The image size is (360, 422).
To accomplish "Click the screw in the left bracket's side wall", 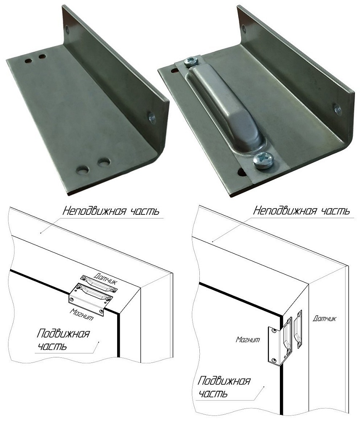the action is click(x=152, y=117).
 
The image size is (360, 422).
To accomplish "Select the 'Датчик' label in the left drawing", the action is click(x=106, y=278).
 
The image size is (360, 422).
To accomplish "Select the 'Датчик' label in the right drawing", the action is click(x=325, y=318).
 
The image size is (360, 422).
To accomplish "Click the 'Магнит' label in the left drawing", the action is click(x=82, y=314).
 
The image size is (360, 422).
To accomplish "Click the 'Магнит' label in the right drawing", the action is click(x=248, y=339).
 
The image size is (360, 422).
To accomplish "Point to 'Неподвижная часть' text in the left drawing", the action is click(x=111, y=211).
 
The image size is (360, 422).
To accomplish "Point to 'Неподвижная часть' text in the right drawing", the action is click(x=301, y=211).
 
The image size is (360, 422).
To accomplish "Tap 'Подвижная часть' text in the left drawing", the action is click(x=63, y=340).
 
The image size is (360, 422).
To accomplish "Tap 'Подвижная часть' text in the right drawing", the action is click(x=224, y=387).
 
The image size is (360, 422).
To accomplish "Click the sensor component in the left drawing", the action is click(x=99, y=283).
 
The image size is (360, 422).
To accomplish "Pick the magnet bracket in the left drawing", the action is click(x=90, y=298).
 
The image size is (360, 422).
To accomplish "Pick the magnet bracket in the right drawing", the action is click(x=279, y=340).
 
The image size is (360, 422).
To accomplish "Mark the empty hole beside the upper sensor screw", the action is click(x=175, y=70).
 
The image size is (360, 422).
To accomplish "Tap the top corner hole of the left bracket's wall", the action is click(x=67, y=29).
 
